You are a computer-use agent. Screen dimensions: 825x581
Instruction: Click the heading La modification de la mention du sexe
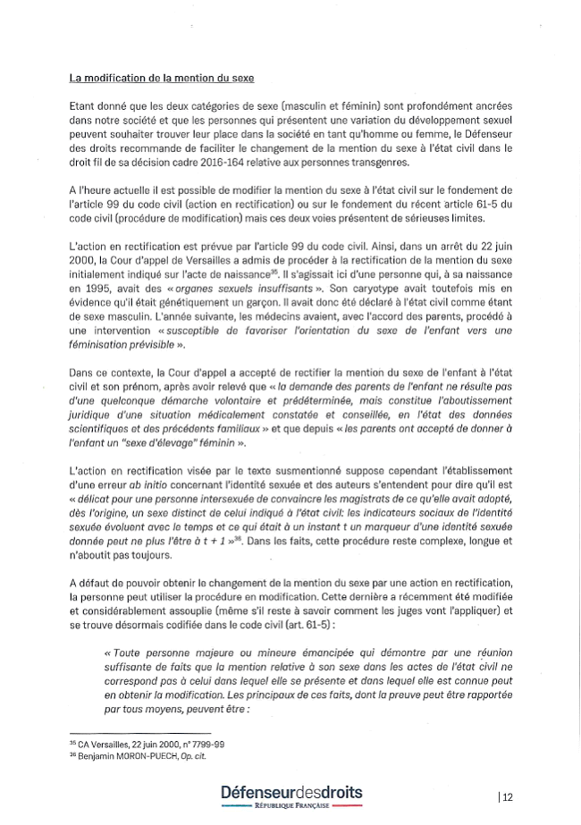click(x=168, y=79)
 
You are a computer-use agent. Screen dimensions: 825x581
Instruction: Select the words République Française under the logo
click(x=291, y=807)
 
